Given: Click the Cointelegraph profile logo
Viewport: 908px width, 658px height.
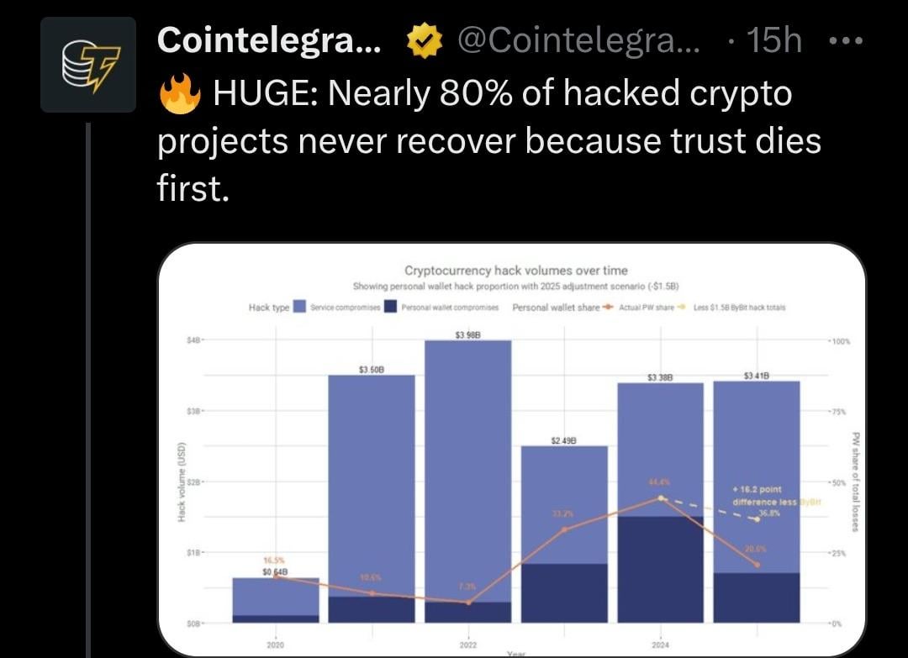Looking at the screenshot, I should click(x=88, y=65).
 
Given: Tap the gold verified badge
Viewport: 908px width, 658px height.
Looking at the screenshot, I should click(x=424, y=41).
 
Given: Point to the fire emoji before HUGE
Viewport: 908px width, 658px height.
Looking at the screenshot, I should click(x=179, y=94).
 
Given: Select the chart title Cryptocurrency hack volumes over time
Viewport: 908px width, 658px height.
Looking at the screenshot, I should click(x=515, y=271).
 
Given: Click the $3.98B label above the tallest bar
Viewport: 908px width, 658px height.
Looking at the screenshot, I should click(x=467, y=335).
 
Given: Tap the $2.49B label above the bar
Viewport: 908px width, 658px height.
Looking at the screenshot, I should click(x=563, y=440).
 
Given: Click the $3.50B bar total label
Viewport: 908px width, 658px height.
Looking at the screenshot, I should click(x=371, y=370).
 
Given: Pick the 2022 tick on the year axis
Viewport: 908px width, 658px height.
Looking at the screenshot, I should click(x=467, y=644).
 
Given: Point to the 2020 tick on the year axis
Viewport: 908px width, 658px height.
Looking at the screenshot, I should click(x=275, y=644).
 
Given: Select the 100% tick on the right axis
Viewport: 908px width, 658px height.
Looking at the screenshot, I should click(x=842, y=342).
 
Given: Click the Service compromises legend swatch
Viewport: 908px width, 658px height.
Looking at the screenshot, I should click(x=299, y=308).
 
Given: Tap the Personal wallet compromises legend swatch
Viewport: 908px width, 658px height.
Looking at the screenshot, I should click(x=390, y=308).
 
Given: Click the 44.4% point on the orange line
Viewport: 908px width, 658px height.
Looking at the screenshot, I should click(x=661, y=498).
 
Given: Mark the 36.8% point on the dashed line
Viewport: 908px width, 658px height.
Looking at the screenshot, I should click(x=757, y=519).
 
